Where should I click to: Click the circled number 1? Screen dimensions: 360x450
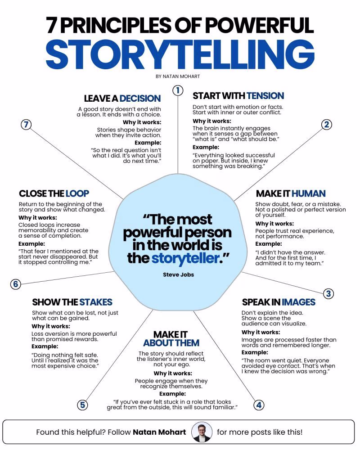coord(178,90)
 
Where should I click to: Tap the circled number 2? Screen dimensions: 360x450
coord(326,125)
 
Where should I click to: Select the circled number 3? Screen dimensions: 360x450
coord(328,293)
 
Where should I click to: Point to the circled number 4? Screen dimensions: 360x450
coord(259,405)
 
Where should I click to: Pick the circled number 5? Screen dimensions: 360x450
coord(82,405)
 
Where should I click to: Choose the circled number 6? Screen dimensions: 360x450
coord(15,284)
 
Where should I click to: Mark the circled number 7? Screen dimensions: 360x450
coord(26,125)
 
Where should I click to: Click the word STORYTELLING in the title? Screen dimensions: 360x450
coord(180,55)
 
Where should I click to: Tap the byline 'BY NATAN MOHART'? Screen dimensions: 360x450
coord(178,76)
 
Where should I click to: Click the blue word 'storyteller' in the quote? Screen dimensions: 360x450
coord(185,258)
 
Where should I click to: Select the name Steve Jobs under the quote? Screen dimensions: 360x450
coord(178,274)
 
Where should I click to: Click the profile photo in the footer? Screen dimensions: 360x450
coord(202,432)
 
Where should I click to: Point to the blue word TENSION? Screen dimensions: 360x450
coord(265,95)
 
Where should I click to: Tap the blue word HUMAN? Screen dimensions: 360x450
coord(309,193)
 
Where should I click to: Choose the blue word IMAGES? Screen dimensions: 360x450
coord(298,302)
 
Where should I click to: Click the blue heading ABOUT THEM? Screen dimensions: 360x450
coord(171,343)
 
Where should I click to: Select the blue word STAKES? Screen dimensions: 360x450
coord(96,302)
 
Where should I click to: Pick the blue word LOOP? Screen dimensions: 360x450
coord(77,193)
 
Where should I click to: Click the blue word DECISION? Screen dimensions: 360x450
coord(140,99)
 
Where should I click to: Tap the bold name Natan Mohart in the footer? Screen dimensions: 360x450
coord(159,432)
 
